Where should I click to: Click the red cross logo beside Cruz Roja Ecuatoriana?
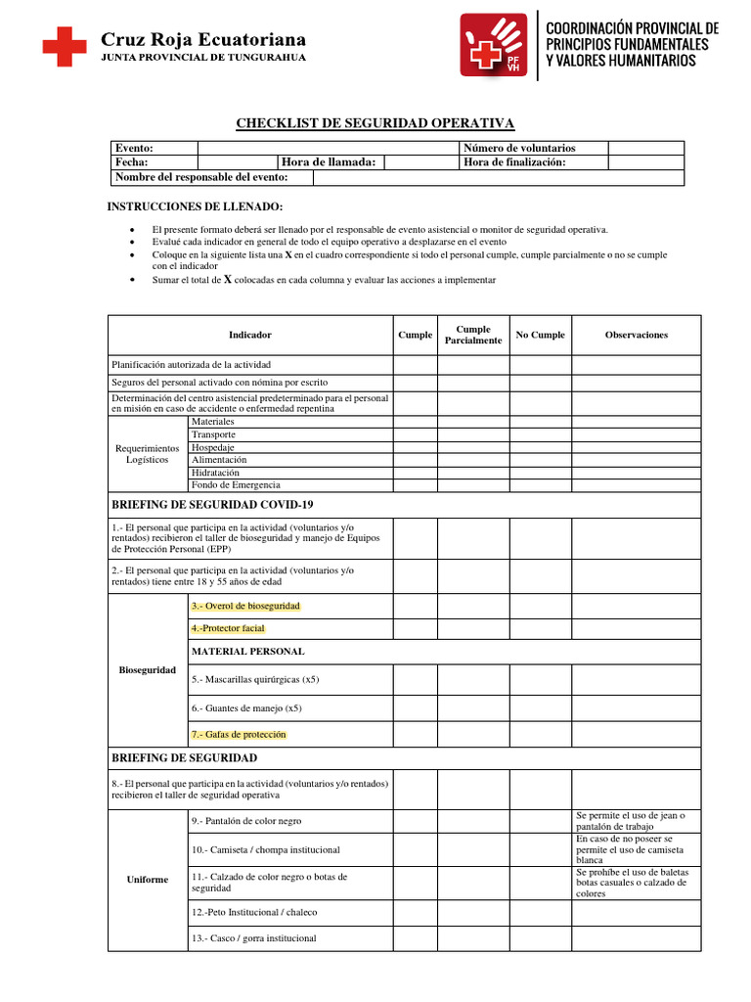click(64, 46)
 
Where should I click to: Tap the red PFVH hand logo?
click(494, 46)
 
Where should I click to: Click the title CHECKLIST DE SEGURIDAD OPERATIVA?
click(375, 122)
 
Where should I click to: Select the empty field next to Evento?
click(328, 147)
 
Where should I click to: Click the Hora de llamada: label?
click(329, 162)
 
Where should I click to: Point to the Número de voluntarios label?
click(519, 147)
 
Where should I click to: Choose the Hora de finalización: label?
click(514, 162)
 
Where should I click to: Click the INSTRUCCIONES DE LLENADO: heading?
click(194, 206)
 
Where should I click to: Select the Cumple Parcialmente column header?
click(473, 335)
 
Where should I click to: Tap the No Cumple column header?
click(540, 335)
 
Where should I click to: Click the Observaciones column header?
click(636, 335)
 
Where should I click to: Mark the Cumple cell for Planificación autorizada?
click(415, 364)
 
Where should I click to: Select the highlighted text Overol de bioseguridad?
click(246, 607)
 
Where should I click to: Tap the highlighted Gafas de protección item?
click(239, 734)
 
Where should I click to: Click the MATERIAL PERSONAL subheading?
click(247, 651)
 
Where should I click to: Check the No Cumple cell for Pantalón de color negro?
click(540, 821)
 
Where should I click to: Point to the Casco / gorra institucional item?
click(254, 938)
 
